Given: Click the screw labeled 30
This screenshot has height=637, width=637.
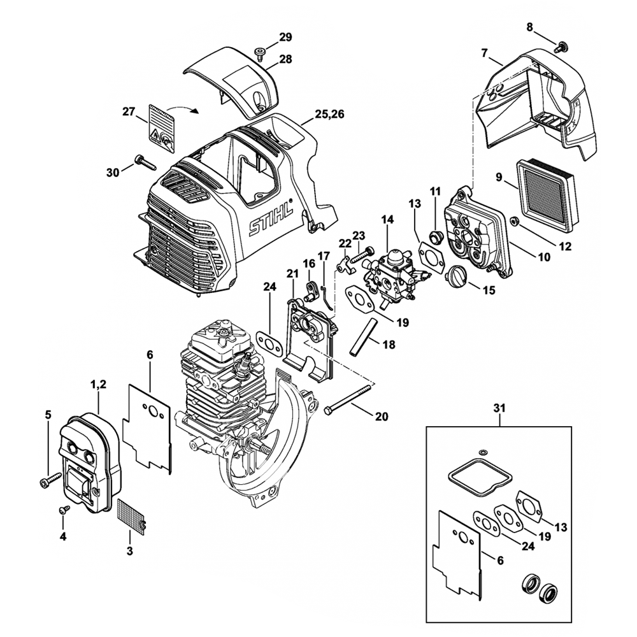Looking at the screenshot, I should pyautogui.click(x=145, y=162).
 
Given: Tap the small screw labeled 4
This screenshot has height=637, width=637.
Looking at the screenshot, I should pyautogui.click(x=64, y=510).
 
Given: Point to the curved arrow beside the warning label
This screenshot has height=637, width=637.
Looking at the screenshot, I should pyautogui.click(x=188, y=110).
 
